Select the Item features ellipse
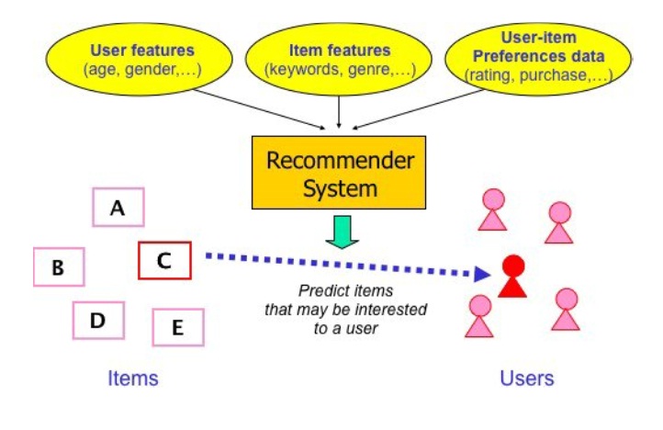click(340, 59)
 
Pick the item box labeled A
click(118, 208)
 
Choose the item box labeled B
click(59, 267)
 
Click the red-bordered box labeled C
click(164, 260)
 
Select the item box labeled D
click(98, 320)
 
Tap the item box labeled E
click(177, 326)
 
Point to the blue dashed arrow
click(340, 264)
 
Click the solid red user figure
click(512, 277)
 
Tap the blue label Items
click(133, 378)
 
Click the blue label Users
click(527, 378)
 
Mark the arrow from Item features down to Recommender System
click(341, 110)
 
